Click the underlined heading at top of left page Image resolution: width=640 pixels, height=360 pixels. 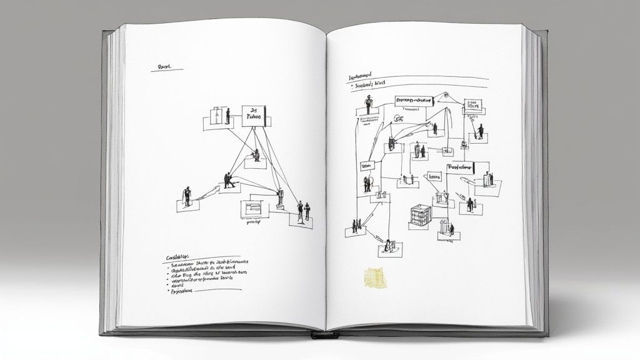[165, 66]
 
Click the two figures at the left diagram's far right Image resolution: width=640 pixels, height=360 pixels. [303, 211]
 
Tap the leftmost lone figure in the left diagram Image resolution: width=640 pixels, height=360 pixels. [186, 195]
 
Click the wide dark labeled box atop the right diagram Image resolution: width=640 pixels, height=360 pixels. [414, 100]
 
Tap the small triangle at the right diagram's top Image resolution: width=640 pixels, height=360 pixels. [444, 96]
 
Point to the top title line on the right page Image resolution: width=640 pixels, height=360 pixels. [367, 76]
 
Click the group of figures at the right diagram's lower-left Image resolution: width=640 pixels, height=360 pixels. [355, 226]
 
